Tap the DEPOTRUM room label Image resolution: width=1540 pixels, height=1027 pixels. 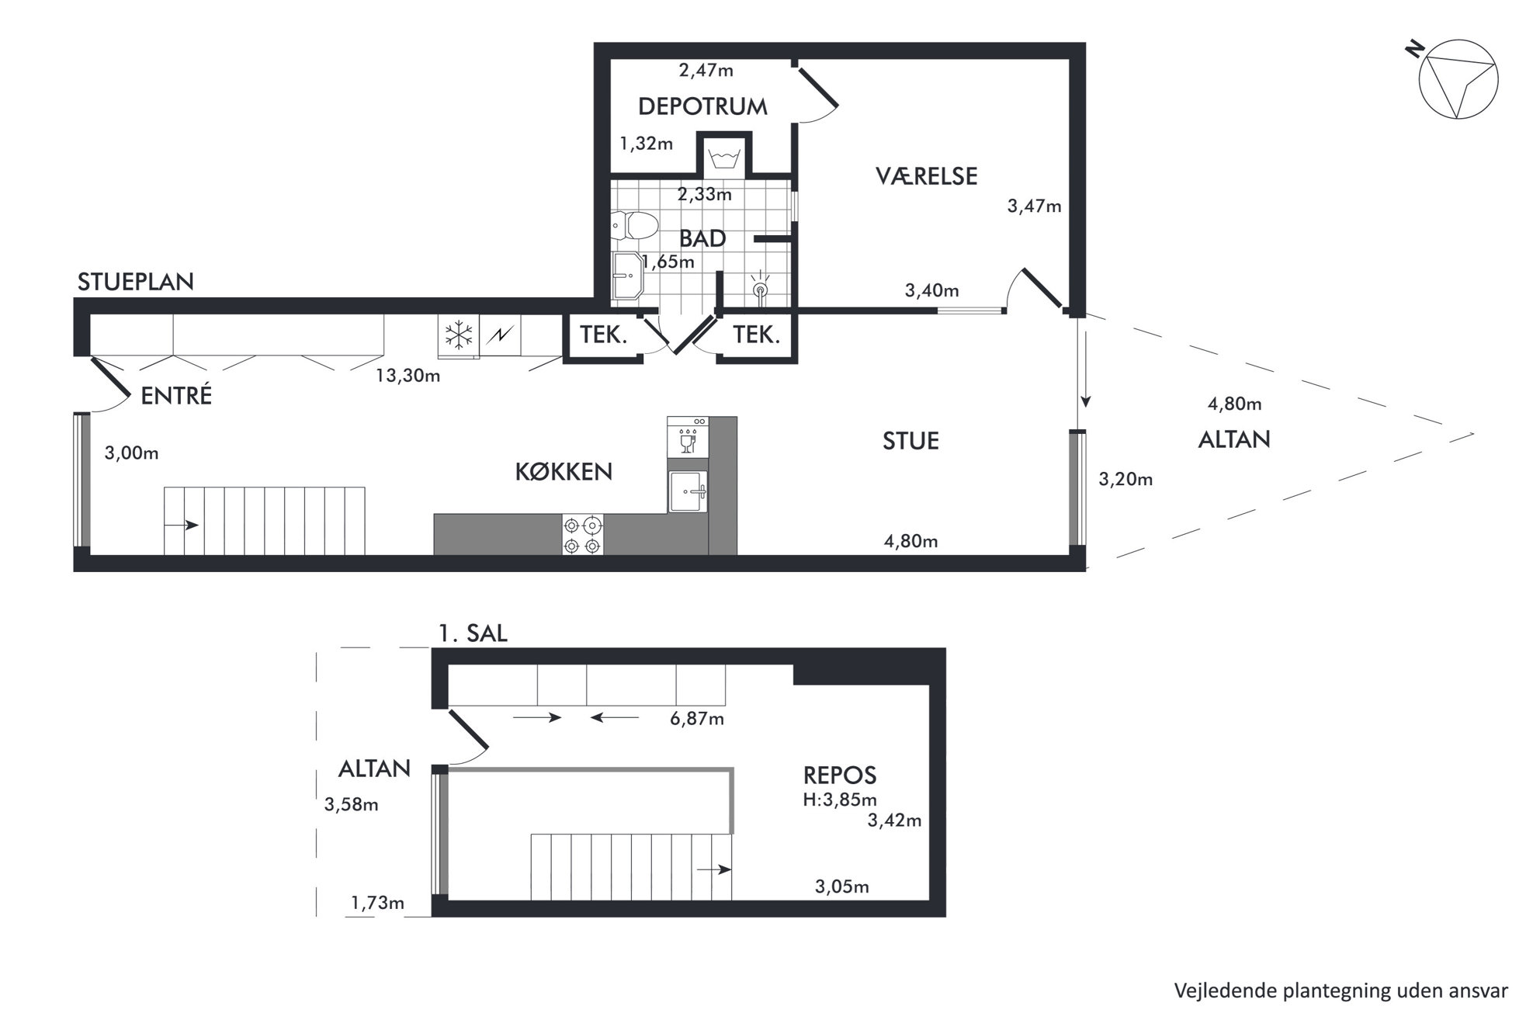coord(702,106)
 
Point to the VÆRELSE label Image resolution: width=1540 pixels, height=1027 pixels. coord(927,176)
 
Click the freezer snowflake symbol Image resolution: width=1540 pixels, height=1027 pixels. coord(459,335)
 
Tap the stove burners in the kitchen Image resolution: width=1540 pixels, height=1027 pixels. coord(582,535)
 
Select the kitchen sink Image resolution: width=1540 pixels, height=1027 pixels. coord(688,491)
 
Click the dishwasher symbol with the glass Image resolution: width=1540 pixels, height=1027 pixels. coord(688,437)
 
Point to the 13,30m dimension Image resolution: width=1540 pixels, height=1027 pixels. coord(408,376)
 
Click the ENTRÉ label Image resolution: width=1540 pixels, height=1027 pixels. coord(176,396)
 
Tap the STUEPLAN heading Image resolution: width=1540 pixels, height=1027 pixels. coord(136,282)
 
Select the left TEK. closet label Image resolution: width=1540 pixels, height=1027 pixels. coord(604,335)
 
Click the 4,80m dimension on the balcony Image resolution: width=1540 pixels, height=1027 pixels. coord(1234,404)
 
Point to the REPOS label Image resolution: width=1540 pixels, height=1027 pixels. coord(840,775)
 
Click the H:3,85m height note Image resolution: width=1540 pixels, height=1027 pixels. coord(840,800)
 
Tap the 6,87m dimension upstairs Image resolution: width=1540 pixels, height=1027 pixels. coord(697,719)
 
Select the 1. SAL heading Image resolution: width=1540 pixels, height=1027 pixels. coord(473,633)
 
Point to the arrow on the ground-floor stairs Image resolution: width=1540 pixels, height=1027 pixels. coord(182,526)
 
